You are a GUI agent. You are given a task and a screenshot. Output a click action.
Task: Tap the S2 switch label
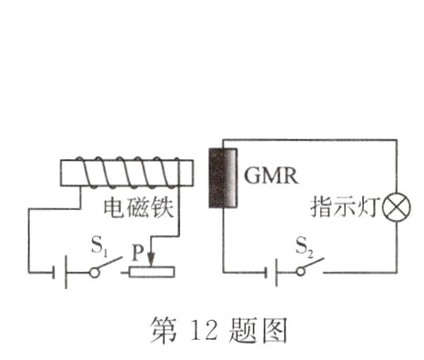309,245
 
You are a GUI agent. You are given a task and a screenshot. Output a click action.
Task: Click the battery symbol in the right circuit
272,272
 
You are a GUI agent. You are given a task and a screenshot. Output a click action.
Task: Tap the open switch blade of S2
314,265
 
